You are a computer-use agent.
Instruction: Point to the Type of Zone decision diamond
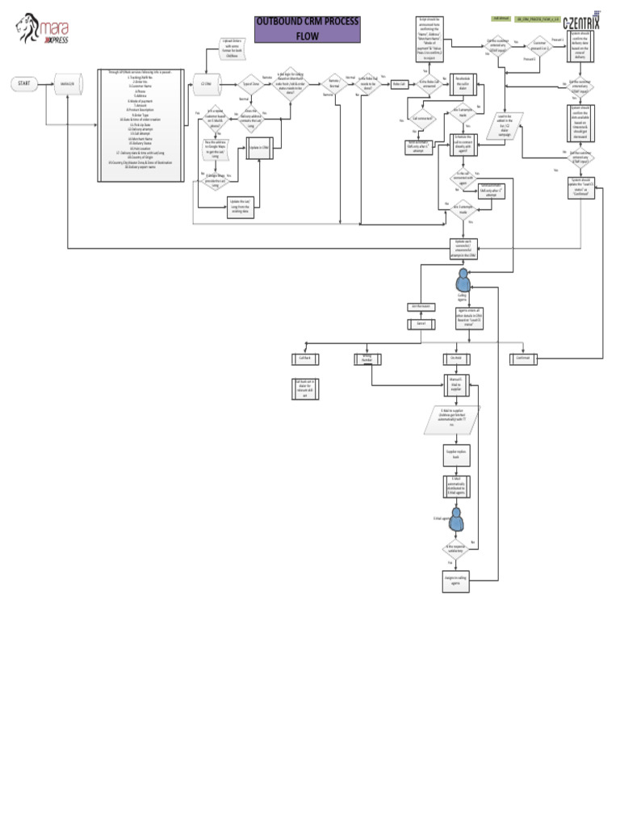[250, 83]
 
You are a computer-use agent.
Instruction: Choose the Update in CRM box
[259, 149]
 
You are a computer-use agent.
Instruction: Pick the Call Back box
[305, 357]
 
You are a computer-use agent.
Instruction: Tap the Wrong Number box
[367, 357]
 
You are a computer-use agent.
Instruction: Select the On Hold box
[456, 357]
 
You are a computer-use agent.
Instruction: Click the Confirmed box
[522, 357]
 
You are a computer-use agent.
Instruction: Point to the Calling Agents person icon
[463, 280]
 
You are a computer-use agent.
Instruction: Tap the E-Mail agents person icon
[456, 518]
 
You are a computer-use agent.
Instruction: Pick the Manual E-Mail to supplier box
[455, 381]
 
